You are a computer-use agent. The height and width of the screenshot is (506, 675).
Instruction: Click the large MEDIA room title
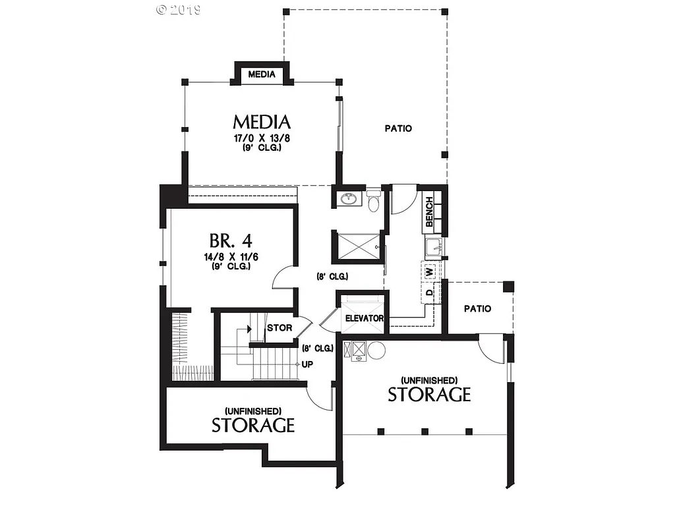pyautogui.click(x=262, y=123)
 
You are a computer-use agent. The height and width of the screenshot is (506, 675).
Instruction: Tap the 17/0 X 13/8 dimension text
pyautogui.click(x=262, y=138)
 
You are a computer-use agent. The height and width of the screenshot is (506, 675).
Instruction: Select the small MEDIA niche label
pyautogui.click(x=262, y=74)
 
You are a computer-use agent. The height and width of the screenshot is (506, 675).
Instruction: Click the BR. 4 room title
pyautogui.click(x=231, y=240)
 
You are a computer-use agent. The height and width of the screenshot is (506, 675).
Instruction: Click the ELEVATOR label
pyautogui.click(x=365, y=318)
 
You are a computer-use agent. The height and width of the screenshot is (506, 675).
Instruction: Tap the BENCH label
pyautogui.click(x=429, y=211)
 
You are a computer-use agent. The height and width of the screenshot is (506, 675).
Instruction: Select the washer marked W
pyautogui.click(x=428, y=271)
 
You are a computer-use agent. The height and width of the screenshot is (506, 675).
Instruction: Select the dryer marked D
pyautogui.click(x=428, y=292)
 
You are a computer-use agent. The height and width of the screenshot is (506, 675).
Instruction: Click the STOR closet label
pyautogui.click(x=279, y=327)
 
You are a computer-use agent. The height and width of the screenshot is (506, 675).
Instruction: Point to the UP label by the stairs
pyautogui.click(x=307, y=364)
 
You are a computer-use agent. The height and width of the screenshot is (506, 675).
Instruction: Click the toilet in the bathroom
pyautogui.click(x=374, y=203)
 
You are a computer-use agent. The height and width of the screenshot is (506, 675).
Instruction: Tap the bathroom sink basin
pyautogui.click(x=348, y=198)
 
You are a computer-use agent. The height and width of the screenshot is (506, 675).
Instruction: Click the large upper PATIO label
pyautogui.click(x=398, y=128)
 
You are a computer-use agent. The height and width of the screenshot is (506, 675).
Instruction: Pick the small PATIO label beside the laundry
pyautogui.click(x=477, y=308)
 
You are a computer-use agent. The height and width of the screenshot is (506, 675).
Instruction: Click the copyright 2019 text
pyautogui.click(x=179, y=10)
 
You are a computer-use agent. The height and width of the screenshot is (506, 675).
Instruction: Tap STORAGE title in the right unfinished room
pyautogui.click(x=429, y=395)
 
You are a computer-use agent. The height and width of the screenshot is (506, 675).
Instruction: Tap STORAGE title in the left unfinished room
pyautogui.click(x=253, y=425)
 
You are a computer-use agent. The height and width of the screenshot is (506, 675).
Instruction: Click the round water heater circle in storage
pyautogui.click(x=376, y=349)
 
